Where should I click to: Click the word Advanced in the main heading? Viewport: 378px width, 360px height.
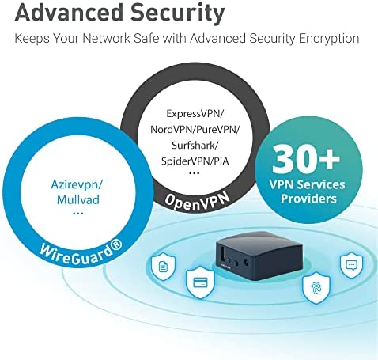click(70, 13)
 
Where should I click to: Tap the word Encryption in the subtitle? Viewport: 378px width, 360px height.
click(329, 39)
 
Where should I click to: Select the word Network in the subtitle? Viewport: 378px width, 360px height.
click(106, 38)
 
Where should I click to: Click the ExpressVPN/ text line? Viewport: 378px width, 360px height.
click(195, 114)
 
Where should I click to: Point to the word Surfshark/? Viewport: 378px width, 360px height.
click(195, 145)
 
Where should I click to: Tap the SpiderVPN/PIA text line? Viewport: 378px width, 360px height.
click(195, 161)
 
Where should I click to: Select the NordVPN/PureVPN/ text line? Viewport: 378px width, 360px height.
click(195, 130)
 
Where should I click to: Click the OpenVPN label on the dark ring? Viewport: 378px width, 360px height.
click(197, 202)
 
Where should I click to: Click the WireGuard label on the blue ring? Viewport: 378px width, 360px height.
click(81, 252)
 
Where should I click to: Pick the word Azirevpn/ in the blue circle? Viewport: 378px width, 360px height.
click(77, 184)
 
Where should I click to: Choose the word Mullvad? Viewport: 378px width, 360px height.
click(78, 199)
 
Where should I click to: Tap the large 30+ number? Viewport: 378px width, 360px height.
click(306, 159)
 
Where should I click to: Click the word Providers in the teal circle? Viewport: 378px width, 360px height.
click(308, 199)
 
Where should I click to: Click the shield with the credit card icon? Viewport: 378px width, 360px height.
click(200, 282)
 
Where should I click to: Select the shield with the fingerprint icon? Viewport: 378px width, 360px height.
click(316, 289)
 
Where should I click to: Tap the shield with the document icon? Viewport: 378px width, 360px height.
click(164, 267)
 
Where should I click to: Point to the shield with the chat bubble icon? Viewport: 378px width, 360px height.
click(351, 264)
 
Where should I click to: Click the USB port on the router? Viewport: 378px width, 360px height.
click(223, 255)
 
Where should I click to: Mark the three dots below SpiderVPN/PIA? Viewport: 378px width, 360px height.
click(195, 173)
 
